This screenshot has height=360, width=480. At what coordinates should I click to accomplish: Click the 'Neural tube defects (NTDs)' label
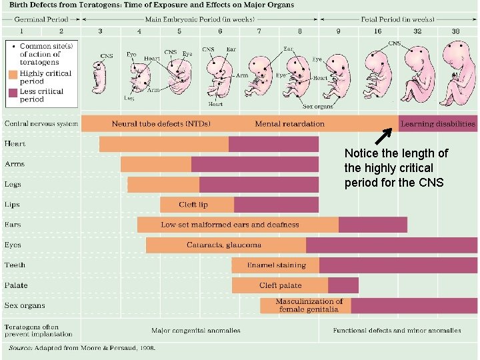(x=161, y=123)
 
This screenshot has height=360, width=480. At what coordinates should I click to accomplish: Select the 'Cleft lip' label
(x=193, y=205)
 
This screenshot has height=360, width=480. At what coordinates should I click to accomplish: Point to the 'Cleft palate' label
(x=280, y=285)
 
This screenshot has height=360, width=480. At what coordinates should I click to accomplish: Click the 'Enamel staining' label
(x=276, y=265)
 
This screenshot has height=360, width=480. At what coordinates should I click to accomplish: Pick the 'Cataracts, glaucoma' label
(x=224, y=245)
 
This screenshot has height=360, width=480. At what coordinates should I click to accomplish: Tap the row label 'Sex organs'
(x=25, y=305)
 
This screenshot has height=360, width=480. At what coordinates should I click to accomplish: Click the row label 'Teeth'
(x=15, y=265)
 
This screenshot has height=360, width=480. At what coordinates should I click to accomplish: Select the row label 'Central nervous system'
(x=41, y=123)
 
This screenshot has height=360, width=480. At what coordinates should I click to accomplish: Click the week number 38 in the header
(x=455, y=31)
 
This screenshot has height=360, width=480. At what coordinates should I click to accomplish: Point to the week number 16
(x=378, y=31)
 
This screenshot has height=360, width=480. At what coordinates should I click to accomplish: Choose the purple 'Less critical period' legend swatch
(x=13, y=95)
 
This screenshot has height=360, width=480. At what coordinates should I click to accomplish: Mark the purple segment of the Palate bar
(x=343, y=285)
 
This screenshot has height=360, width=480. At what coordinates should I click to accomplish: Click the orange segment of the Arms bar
(x=156, y=164)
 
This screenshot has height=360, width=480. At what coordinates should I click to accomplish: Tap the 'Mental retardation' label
(x=289, y=123)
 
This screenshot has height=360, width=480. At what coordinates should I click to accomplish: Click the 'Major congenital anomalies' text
(x=196, y=330)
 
